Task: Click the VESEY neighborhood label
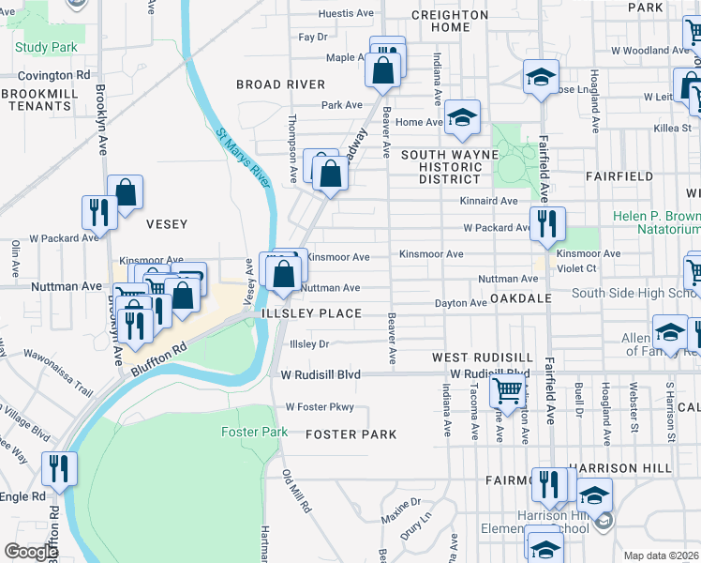point(167,224)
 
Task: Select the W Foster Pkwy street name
point(321,407)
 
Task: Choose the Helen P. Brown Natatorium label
point(657,222)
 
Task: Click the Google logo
point(31,552)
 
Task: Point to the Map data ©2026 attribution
point(661,555)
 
